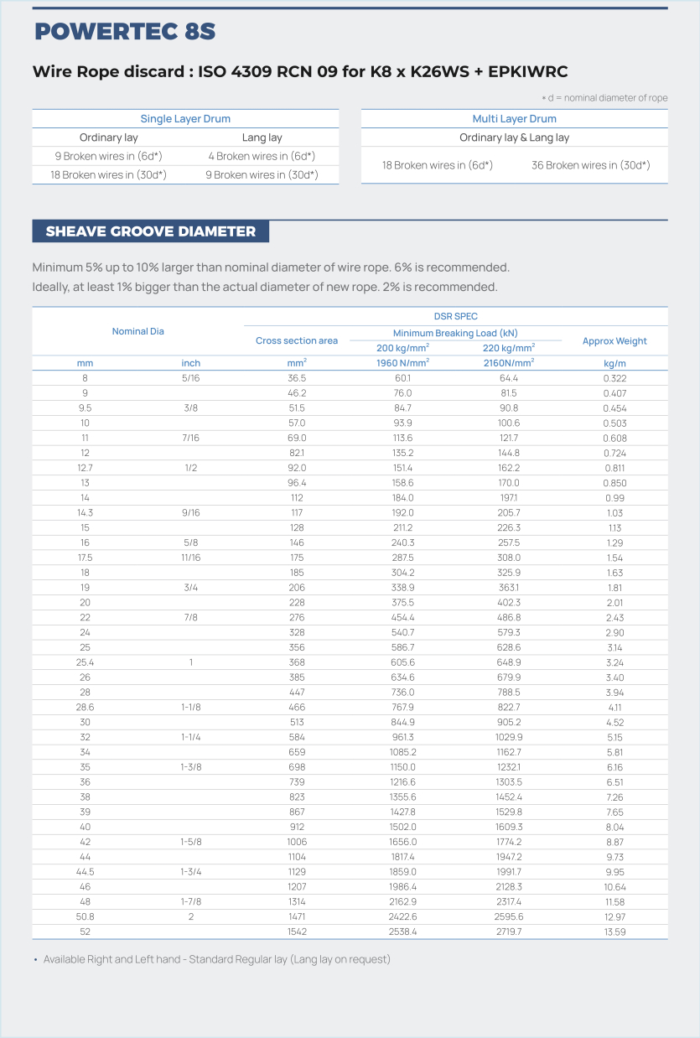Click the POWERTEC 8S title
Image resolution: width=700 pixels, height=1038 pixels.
tap(125, 32)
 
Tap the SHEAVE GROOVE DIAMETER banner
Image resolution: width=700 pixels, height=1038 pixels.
tap(151, 231)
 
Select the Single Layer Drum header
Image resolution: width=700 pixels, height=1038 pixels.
tap(185, 119)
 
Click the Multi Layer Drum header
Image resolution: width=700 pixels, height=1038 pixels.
tap(514, 119)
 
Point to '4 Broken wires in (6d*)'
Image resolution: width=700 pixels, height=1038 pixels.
tap(262, 156)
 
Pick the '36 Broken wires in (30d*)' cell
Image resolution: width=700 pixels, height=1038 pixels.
tap(590, 165)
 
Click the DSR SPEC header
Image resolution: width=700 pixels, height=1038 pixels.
tap(455, 316)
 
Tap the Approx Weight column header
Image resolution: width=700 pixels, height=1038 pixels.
tap(614, 341)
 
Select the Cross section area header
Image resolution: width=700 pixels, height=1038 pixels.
tap(297, 341)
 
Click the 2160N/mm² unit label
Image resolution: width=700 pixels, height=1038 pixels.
tap(509, 363)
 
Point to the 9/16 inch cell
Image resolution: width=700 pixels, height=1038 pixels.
tap(191, 512)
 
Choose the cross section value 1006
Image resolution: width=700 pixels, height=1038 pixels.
tap(297, 842)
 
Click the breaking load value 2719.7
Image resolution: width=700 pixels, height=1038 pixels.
tap(509, 932)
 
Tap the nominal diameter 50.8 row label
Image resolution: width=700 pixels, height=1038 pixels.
tap(85, 916)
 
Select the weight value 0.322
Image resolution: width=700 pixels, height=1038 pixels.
tap(614, 378)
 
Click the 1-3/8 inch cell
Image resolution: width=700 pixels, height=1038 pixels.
tap(191, 767)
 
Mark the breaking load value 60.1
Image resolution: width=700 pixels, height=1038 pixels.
tap(402, 378)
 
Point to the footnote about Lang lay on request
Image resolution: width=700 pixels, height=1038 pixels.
tap(216, 959)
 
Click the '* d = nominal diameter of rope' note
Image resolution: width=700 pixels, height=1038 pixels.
tap(604, 98)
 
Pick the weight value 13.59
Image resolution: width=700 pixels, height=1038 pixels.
tap(614, 932)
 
